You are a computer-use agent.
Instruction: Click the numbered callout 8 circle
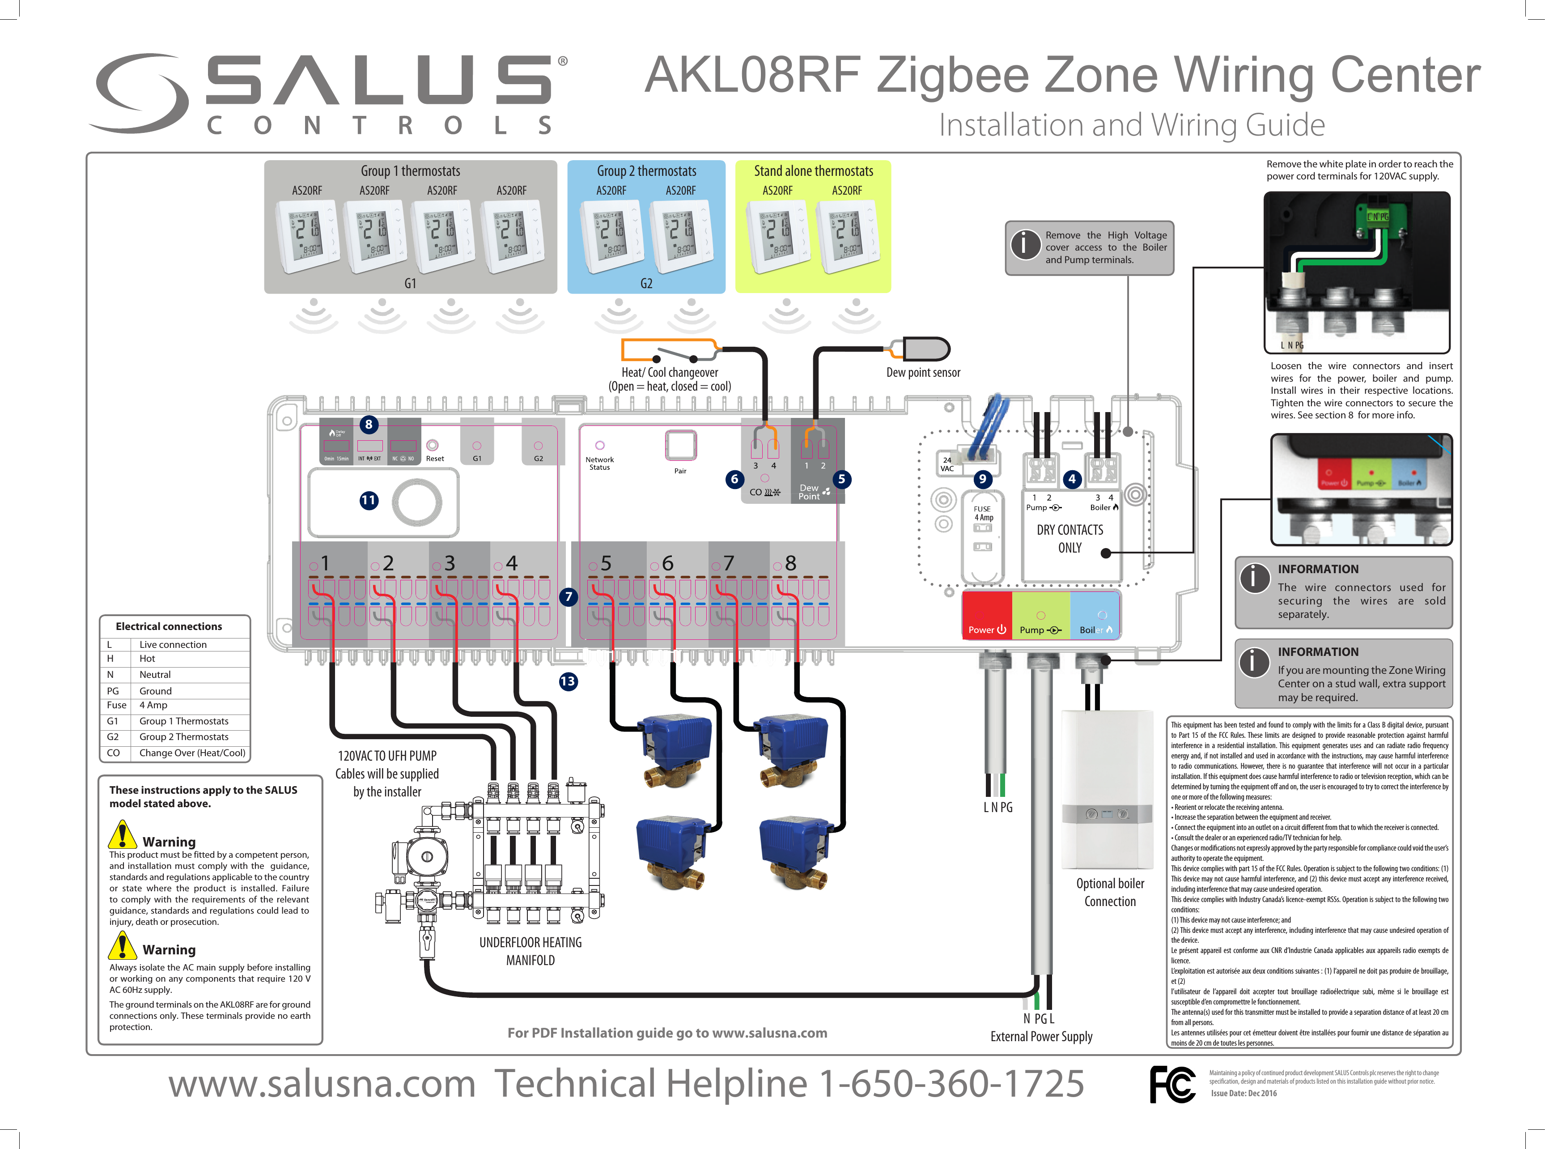click(x=369, y=424)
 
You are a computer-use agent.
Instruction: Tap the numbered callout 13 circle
click(x=567, y=681)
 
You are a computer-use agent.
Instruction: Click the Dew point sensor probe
click(x=925, y=349)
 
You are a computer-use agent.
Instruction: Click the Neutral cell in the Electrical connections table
click(x=155, y=675)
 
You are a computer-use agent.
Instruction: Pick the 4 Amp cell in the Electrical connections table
click(x=154, y=705)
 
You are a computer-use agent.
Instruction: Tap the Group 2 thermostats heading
click(x=647, y=171)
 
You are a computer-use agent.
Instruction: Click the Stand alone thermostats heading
click(x=814, y=171)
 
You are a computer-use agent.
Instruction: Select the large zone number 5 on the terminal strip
click(x=606, y=563)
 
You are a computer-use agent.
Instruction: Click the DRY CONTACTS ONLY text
click(x=1070, y=538)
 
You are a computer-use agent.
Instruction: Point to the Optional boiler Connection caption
click(x=1110, y=892)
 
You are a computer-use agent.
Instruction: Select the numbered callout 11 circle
click(x=369, y=500)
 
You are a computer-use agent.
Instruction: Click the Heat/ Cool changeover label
click(x=670, y=373)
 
